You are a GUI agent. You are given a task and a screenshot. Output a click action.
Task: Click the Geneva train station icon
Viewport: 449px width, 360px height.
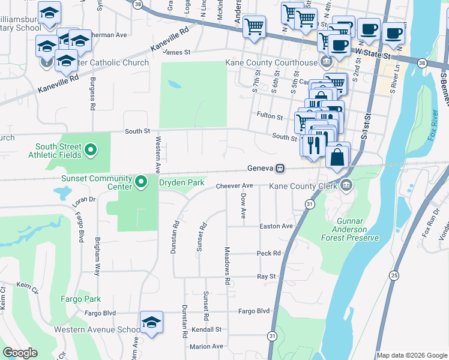(x=280, y=169)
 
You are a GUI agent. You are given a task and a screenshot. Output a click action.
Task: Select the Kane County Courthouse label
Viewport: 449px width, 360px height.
(x=271, y=62)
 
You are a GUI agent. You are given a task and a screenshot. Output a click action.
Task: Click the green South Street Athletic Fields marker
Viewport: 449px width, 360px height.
(x=91, y=149)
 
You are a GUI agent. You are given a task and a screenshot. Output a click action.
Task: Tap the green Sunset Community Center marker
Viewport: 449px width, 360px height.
(x=140, y=181)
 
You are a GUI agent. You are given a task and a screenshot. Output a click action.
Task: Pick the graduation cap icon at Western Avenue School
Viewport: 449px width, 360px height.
(x=151, y=323)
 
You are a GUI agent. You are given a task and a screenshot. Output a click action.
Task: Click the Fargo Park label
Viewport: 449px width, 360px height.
(x=80, y=299)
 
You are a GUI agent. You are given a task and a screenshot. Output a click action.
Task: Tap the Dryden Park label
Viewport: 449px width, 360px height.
(x=182, y=182)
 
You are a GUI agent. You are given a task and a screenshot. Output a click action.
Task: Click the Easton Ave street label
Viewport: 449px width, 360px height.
(x=276, y=226)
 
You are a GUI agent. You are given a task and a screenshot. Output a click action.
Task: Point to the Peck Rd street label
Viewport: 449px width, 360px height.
(x=269, y=253)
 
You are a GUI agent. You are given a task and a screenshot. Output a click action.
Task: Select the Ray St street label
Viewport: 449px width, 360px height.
(x=266, y=277)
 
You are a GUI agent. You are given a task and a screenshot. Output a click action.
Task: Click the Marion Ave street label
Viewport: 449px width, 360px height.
(x=206, y=346)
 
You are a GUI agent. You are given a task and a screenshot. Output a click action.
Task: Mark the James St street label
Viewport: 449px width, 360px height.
(x=176, y=52)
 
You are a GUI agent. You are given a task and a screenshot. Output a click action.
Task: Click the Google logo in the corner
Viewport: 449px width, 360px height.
(x=20, y=353)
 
